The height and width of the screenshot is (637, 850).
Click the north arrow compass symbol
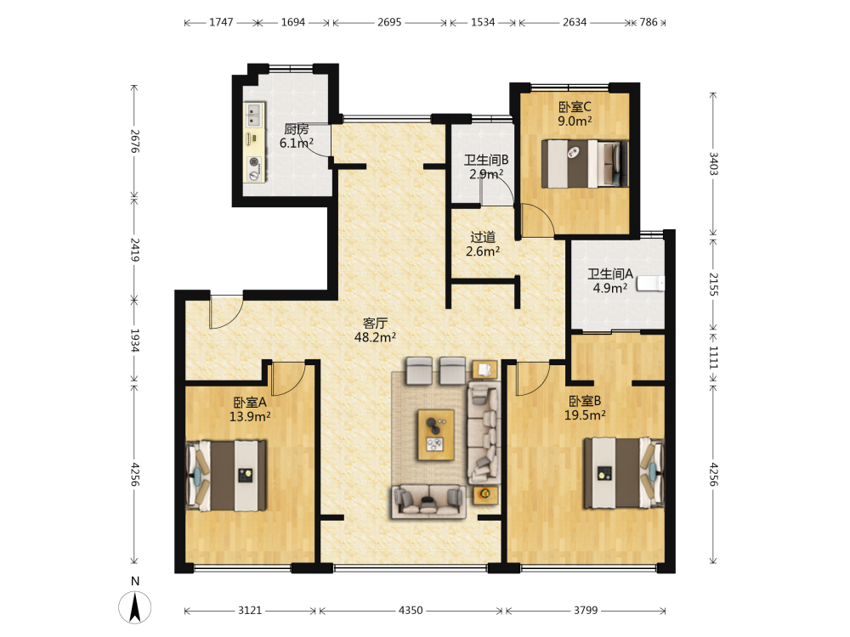(134, 606)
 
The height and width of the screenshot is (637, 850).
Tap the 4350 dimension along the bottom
(411, 611)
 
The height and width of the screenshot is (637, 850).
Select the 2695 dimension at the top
(389, 22)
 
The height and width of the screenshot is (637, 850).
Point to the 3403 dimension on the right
(713, 163)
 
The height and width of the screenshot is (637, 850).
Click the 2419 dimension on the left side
(134, 250)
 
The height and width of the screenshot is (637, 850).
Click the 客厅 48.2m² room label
(375, 330)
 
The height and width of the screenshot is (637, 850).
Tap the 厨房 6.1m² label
(296, 136)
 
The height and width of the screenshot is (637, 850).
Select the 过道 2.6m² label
(483, 245)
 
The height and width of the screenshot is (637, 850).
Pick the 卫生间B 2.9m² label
(485, 166)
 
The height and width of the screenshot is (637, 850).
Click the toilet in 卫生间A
(650, 284)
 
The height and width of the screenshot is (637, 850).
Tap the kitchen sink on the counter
(253, 115)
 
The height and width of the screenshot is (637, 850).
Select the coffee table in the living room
(436, 435)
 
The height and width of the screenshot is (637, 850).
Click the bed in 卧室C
(585, 164)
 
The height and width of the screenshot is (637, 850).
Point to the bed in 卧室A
(225, 476)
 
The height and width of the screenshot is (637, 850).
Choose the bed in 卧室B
(624, 473)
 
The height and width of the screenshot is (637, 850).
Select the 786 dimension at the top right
(649, 22)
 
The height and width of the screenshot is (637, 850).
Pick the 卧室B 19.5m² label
(585, 408)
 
